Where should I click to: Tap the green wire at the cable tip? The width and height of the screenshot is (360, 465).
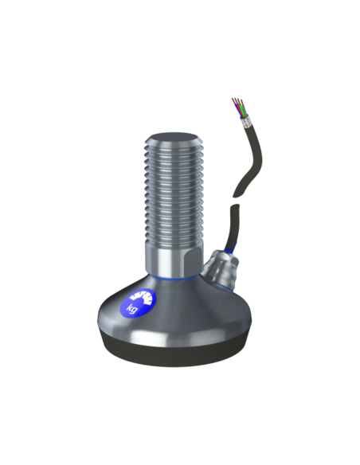243,111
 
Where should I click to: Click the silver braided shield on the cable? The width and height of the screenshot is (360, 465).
247,122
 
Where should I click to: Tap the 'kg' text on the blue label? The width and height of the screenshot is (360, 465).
132,308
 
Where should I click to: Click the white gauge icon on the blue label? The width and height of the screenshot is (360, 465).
143,298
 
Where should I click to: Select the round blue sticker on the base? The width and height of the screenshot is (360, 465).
138,303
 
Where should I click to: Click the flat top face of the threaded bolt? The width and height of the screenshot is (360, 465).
172,139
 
